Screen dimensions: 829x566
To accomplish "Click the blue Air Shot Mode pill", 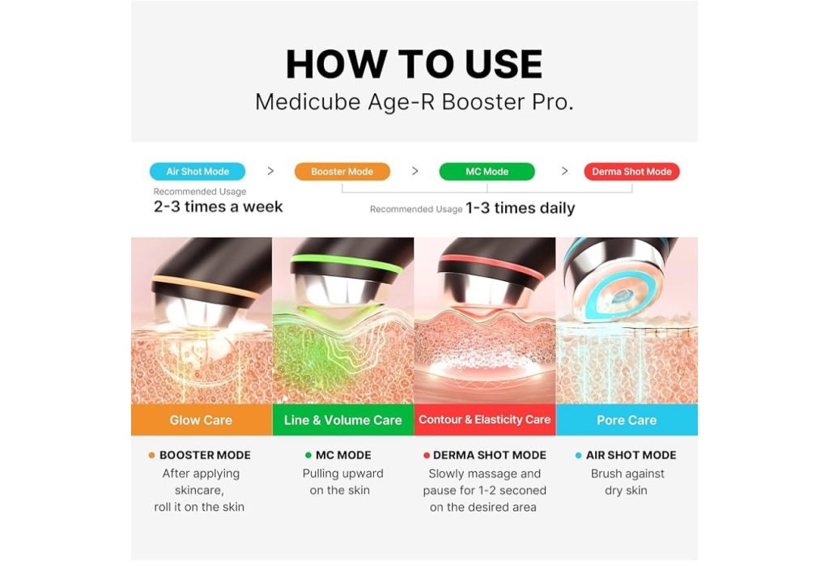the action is pyautogui.click(x=198, y=172).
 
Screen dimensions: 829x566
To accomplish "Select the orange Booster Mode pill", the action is pyautogui.click(x=342, y=172).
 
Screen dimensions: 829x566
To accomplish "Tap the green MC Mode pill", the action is pyautogui.click(x=487, y=172).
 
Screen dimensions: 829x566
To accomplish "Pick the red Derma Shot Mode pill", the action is pyautogui.click(x=631, y=172).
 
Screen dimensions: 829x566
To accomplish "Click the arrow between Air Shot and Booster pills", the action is pyautogui.click(x=270, y=171).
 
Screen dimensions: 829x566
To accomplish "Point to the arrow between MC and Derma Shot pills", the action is pyautogui.click(x=564, y=171).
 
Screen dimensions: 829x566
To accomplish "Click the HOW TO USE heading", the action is pyautogui.click(x=414, y=65).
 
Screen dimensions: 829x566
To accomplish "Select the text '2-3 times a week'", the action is pyautogui.click(x=218, y=206).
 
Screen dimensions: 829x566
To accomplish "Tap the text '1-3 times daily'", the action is pyautogui.click(x=521, y=208).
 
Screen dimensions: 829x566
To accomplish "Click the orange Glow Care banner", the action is pyautogui.click(x=202, y=420).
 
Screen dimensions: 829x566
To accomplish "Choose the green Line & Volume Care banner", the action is pyautogui.click(x=343, y=420).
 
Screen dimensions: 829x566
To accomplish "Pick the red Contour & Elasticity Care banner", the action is pyautogui.click(x=485, y=420).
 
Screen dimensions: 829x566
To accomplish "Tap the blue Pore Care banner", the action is pyautogui.click(x=627, y=420).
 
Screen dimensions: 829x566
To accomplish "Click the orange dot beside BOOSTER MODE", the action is pyautogui.click(x=151, y=455).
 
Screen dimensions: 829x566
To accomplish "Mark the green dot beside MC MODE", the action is pyautogui.click(x=308, y=455).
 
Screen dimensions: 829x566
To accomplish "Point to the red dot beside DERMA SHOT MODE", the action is pyautogui.click(x=426, y=455).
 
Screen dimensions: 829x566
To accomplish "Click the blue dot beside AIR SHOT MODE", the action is pyautogui.click(x=578, y=455).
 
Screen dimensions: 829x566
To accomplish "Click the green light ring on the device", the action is pyautogui.click(x=346, y=262).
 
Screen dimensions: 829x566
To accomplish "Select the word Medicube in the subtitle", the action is pyautogui.click(x=308, y=102).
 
